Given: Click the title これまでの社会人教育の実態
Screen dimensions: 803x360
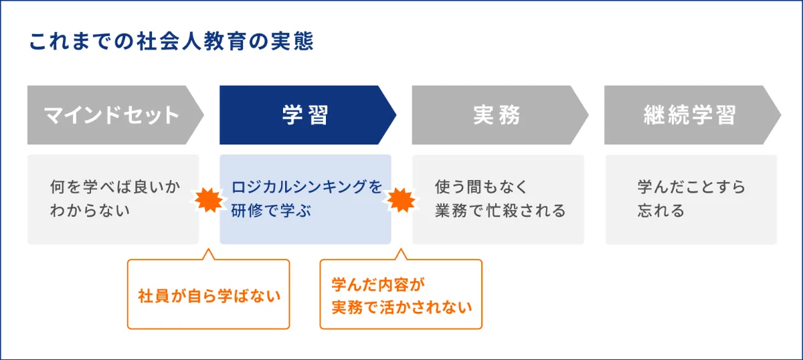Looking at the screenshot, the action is [x=171, y=41].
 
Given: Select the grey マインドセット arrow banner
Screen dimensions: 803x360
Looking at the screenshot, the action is [x=115, y=114].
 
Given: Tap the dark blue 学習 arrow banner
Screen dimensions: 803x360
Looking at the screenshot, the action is [x=308, y=114].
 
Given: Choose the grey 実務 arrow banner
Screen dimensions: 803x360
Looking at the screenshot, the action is [x=500, y=114].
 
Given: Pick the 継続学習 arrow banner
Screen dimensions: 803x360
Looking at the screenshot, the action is [x=693, y=114].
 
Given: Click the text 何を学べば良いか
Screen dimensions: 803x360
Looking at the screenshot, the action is [x=115, y=187].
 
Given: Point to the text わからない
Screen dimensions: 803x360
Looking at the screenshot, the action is [x=90, y=211].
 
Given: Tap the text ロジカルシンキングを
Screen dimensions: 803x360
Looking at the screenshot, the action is [x=307, y=187].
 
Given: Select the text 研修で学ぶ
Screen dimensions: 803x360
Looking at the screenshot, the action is [x=271, y=211].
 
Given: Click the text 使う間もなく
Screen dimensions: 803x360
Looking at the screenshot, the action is [x=481, y=187].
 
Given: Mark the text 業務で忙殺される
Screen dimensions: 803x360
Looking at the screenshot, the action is [x=501, y=211].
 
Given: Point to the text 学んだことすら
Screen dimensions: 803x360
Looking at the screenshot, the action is [x=691, y=187].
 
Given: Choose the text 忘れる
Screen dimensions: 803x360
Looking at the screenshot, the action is [x=661, y=211].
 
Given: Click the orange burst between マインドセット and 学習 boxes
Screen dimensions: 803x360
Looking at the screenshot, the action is [x=209, y=200].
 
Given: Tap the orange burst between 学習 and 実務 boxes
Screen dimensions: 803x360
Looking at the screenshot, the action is [x=401, y=200].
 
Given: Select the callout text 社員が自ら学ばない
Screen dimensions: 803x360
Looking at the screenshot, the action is [x=209, y=296].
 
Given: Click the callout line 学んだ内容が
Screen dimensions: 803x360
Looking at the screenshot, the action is [x=378, y=284].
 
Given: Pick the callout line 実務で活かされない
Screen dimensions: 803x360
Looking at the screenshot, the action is [x=402, y=307].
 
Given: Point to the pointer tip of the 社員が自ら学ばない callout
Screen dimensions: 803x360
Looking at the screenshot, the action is [x=208, y=249].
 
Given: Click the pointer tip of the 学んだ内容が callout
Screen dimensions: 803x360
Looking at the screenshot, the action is [x=401, y=249].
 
